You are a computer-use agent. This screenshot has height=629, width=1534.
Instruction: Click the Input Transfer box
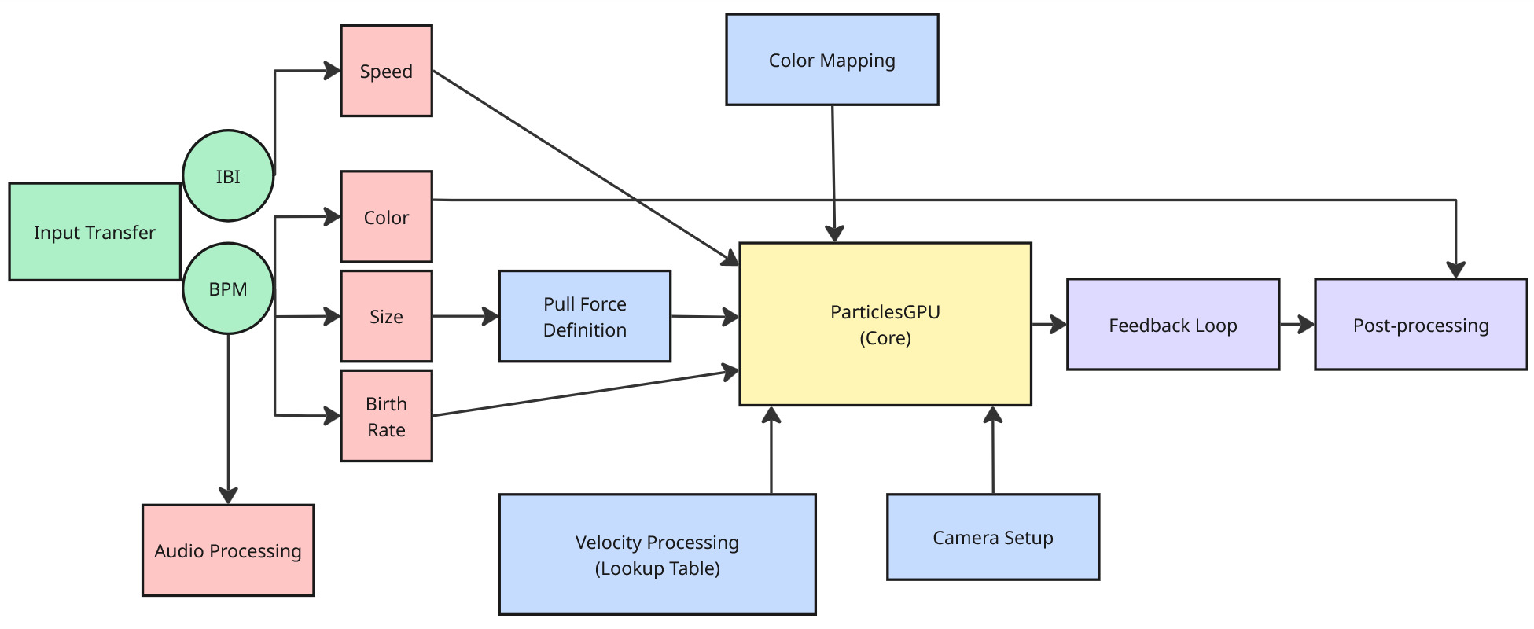click(94, 232)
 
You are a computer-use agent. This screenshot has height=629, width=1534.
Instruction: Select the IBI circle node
click(228, 176)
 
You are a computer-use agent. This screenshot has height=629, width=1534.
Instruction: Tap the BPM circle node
click(228, 289)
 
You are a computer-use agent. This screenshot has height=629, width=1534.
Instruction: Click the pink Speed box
click(386, 71)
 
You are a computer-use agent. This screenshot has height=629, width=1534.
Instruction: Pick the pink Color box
click(386, 217)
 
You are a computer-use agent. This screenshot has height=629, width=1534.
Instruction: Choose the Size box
click(386, 316)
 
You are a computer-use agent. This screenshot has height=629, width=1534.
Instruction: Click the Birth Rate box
click(386, 416)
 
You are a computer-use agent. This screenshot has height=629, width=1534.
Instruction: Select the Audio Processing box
click(228, 550)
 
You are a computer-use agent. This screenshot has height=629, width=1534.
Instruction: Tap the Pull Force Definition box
click(584, 316)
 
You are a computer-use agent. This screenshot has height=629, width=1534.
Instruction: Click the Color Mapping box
click(832, 60)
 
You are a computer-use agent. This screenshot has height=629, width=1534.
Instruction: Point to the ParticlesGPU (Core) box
click(885, 324)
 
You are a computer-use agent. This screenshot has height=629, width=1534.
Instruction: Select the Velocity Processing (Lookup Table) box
click(657, 554)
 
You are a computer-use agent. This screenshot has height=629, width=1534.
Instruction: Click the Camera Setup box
click(992, 537)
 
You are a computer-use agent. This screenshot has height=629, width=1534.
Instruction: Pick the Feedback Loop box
click(1172, 324)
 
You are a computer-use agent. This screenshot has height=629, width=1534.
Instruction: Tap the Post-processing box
click(1420, 324)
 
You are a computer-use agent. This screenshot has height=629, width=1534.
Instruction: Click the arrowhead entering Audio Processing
click(228, 495)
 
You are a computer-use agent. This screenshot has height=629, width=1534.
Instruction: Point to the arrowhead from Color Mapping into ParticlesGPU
click(834, 234)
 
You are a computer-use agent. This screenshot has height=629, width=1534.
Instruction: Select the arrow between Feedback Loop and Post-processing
click(1297, 324)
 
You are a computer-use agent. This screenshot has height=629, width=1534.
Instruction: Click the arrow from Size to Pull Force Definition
click(465, 316)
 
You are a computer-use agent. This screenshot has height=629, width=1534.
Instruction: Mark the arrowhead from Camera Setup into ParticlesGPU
click(993, 414)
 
